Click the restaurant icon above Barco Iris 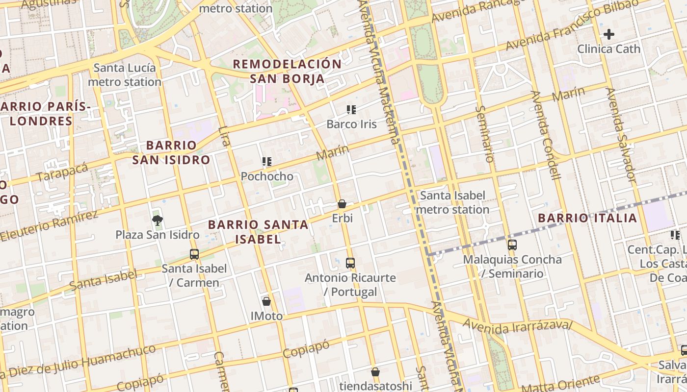[351, 110]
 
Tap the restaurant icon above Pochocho [267, 162]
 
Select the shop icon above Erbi [342, 204]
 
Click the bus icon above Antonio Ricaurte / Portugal [350, 263]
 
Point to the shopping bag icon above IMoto [266, 301]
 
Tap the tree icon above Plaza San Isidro [158, 220]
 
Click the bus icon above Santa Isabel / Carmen [194, 254]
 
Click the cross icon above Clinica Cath [609, 34]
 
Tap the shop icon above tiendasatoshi [375, 372]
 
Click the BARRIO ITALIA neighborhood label [587, 218]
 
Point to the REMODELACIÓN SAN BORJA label [287, 71]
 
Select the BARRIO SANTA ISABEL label [258, 232]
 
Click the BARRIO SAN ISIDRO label [171, 152]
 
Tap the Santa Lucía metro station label [125, 75]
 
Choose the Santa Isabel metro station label [452, 202]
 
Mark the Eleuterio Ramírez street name [49, 225]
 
